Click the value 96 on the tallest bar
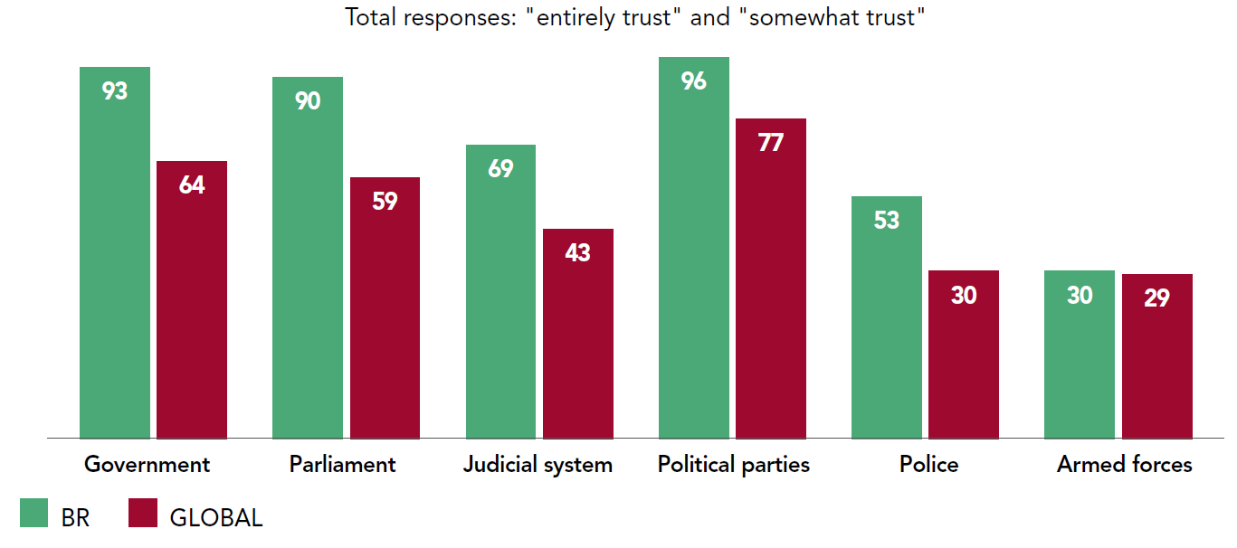[x=694, y=81]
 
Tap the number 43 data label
[x=577, y=253]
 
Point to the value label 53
[x=887, y=221]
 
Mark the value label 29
[x=1156, y=298]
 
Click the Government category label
[x=147, y=465]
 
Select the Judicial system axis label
[x=538, y=465]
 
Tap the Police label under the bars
[x=928, y=465]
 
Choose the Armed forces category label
[x=1125, y=465]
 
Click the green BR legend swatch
[x=33, y=514]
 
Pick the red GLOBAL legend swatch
[x=143, y=514]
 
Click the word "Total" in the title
[x=369, y=17]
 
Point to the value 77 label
[x=771, y=143]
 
